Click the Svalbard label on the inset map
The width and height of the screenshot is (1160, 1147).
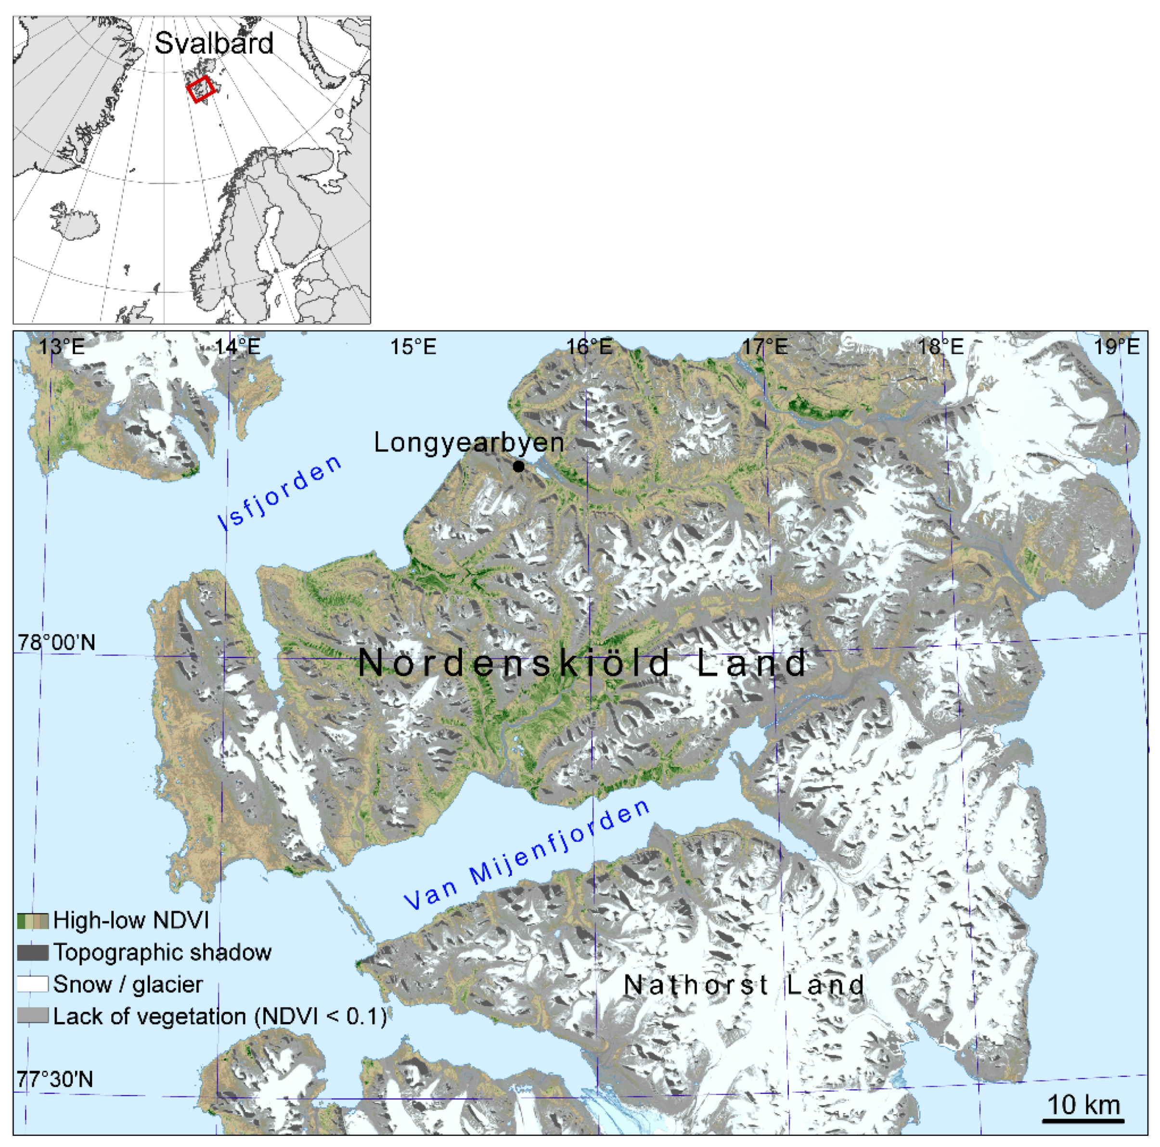[214, 43]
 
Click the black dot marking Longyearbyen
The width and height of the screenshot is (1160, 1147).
[519, 466]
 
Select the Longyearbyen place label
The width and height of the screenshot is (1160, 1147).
[469, 443]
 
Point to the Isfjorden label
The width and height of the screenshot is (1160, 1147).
[280, 493]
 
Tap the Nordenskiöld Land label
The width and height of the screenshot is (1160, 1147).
[582, 663]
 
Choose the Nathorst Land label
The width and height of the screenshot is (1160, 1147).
[744, 984]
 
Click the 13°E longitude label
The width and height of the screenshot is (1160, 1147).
[62, 347]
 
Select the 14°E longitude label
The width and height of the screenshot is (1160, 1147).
[238, 347]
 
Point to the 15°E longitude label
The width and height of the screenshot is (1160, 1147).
[413, 347]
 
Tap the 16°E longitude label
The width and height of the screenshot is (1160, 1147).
[590, 347]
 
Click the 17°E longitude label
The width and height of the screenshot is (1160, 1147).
[765, 347]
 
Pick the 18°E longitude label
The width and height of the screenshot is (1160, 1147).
[941, 347]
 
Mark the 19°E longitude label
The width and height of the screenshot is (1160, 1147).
[1117, 347]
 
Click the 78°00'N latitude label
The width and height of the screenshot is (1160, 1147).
[56, 643]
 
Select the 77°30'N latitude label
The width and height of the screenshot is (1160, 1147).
[55, 1079]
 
